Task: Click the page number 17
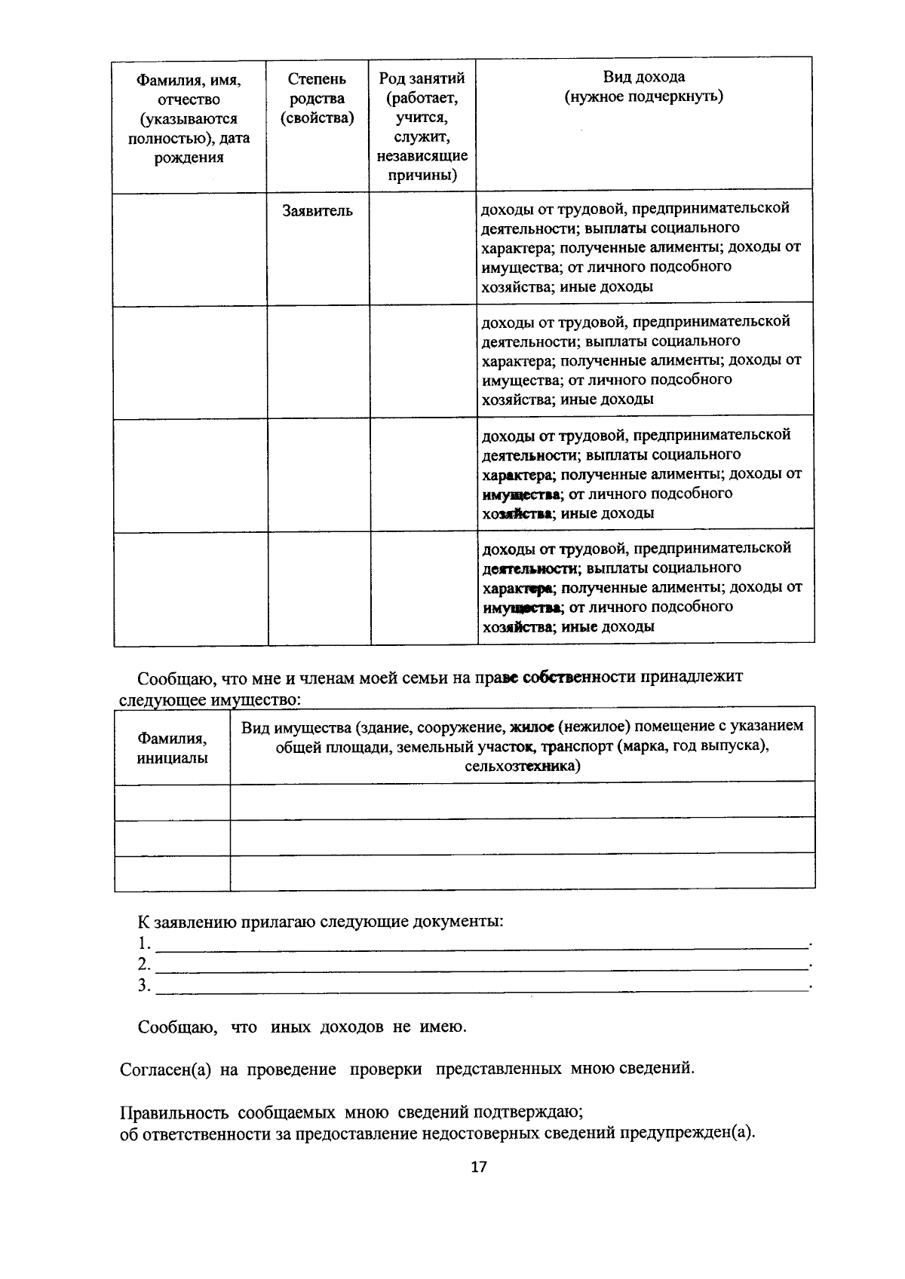[478, 1167]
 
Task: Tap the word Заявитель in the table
[317, 211]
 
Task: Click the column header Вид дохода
[643, 77]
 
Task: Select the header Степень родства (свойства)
[317, 98]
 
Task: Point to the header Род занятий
[422, 78]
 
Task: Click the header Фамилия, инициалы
[172, 748]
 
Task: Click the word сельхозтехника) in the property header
[523, 766]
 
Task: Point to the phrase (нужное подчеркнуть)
[643, 96]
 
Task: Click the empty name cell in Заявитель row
[189, 249]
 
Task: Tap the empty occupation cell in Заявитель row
[422, 249]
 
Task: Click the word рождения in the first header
[189, 158]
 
